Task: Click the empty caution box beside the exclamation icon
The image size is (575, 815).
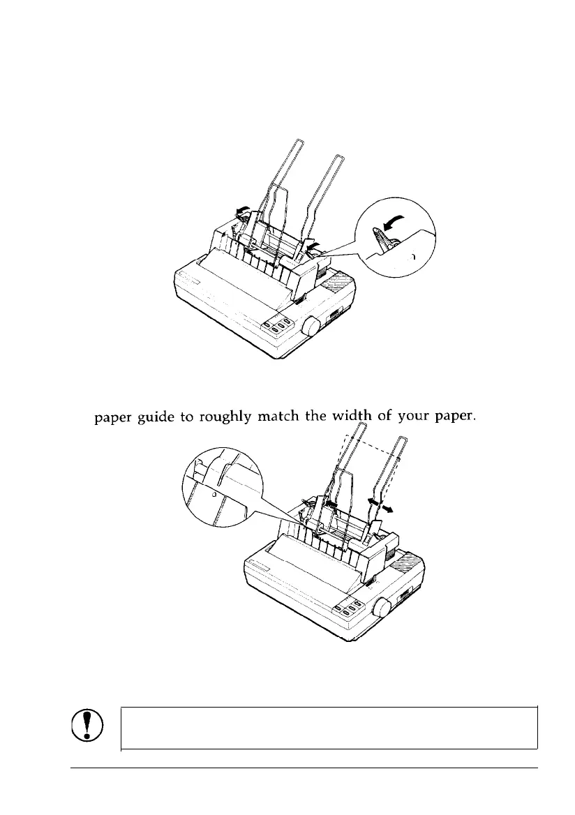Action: (329, 728)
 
